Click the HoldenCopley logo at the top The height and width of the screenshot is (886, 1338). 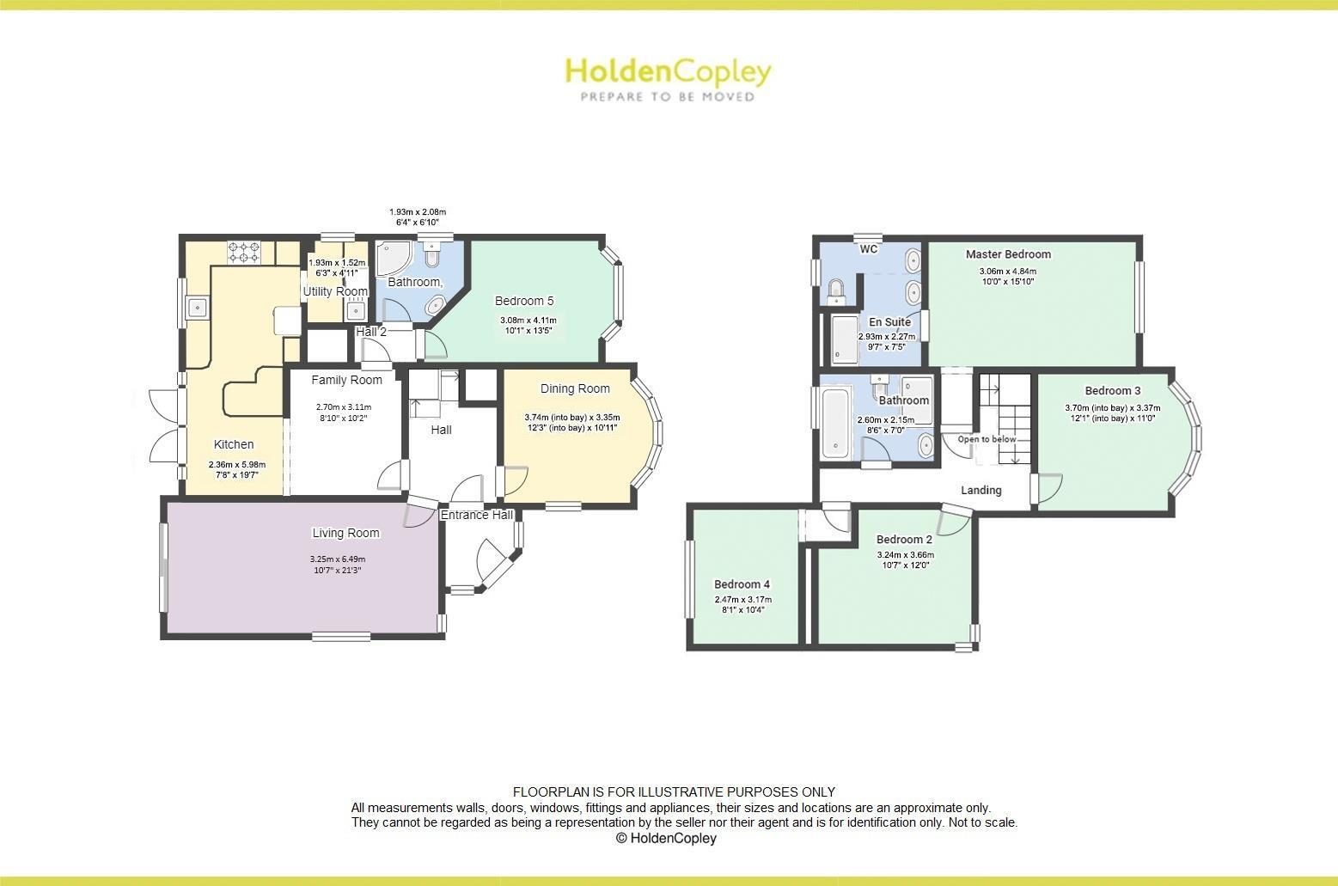coord(668,71)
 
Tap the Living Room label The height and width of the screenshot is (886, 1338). coord(345,533)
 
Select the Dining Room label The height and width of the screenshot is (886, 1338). coord(575,388)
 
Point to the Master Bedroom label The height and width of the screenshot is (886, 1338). coord(1008,254)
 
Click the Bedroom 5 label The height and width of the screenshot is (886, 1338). coord(524,301)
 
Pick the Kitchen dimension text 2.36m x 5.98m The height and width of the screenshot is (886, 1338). coord(233,465)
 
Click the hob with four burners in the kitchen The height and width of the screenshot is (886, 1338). coord(244,252)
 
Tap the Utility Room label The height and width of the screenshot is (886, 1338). coord(335,291)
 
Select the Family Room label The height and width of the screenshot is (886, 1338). coord(346,380)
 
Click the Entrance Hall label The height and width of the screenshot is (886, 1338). coord(477,515)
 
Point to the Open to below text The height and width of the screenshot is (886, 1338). coord(987,439)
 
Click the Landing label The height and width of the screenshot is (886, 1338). coord(981,490)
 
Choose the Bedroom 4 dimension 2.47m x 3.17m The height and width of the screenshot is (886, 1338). coord(742,600)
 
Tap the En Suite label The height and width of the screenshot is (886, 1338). coord(889,322)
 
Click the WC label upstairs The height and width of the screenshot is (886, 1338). coord(869,249)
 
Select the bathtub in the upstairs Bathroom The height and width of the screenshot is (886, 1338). coord(834,423)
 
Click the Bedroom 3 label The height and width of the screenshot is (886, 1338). coord(1112,391)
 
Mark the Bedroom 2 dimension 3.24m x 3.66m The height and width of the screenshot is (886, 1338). coord(905,555)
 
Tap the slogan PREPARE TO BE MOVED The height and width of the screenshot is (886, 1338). coord(668,97)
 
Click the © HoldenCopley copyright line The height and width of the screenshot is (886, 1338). coord(666,838)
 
